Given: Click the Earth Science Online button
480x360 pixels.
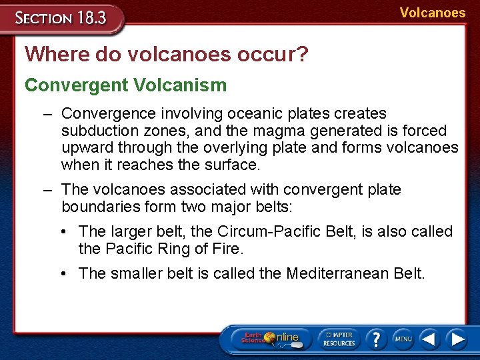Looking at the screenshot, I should (x=270, y=338).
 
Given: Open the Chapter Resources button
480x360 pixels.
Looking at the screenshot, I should (x=339, y=338).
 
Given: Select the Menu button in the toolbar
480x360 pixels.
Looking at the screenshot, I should (x=403, y=339).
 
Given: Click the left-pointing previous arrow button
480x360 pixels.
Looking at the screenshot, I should (x=429, y=339).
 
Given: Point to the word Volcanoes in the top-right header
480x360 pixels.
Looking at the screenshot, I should (x=433, y=13).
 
